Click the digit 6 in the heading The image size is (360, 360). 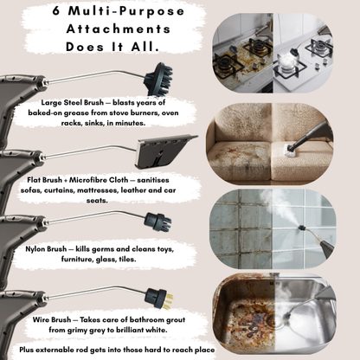pos(56,11)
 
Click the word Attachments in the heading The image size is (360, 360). pos(119,29)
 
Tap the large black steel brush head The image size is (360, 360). pos(158,79)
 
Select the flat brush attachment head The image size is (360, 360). pos(166,151)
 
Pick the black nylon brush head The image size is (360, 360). pos(158,222)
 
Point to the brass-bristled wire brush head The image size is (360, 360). pos(158,299)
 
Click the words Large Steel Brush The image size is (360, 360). pos(72,103)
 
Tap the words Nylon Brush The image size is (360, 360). pos(46,249)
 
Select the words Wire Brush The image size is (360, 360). pos(52,319)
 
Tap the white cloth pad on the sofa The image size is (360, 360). pos(289,149)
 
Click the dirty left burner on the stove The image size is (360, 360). pos(226,66)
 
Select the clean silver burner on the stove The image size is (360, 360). pos(321,47)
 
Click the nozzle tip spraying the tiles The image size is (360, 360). pos(301,228)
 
